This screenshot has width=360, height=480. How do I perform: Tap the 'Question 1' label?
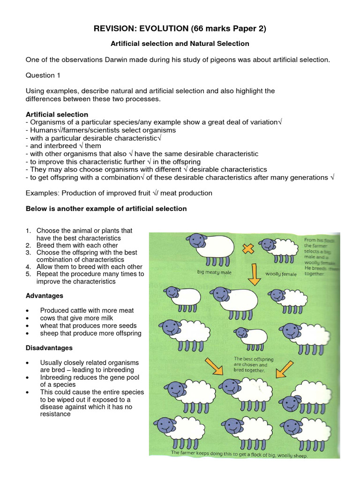(42, 75)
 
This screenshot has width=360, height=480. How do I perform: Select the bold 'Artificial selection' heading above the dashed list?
(57, 114)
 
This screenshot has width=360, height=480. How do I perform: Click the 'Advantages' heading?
(44, 296)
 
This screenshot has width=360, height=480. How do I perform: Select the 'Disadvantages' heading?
(49, 348)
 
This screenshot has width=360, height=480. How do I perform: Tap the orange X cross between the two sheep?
(247, 248)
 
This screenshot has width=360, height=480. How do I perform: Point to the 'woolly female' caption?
(281, 274)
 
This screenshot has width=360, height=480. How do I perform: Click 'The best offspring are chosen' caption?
(250, 364)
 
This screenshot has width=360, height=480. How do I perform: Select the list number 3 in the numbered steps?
(28, 253)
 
